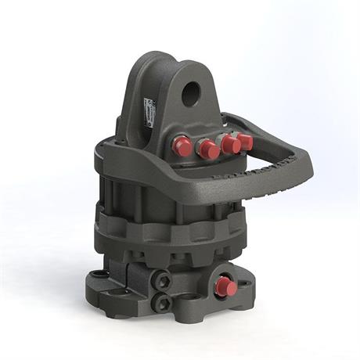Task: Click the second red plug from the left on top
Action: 208,149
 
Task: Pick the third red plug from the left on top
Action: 230,145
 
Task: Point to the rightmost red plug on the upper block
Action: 244,142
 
